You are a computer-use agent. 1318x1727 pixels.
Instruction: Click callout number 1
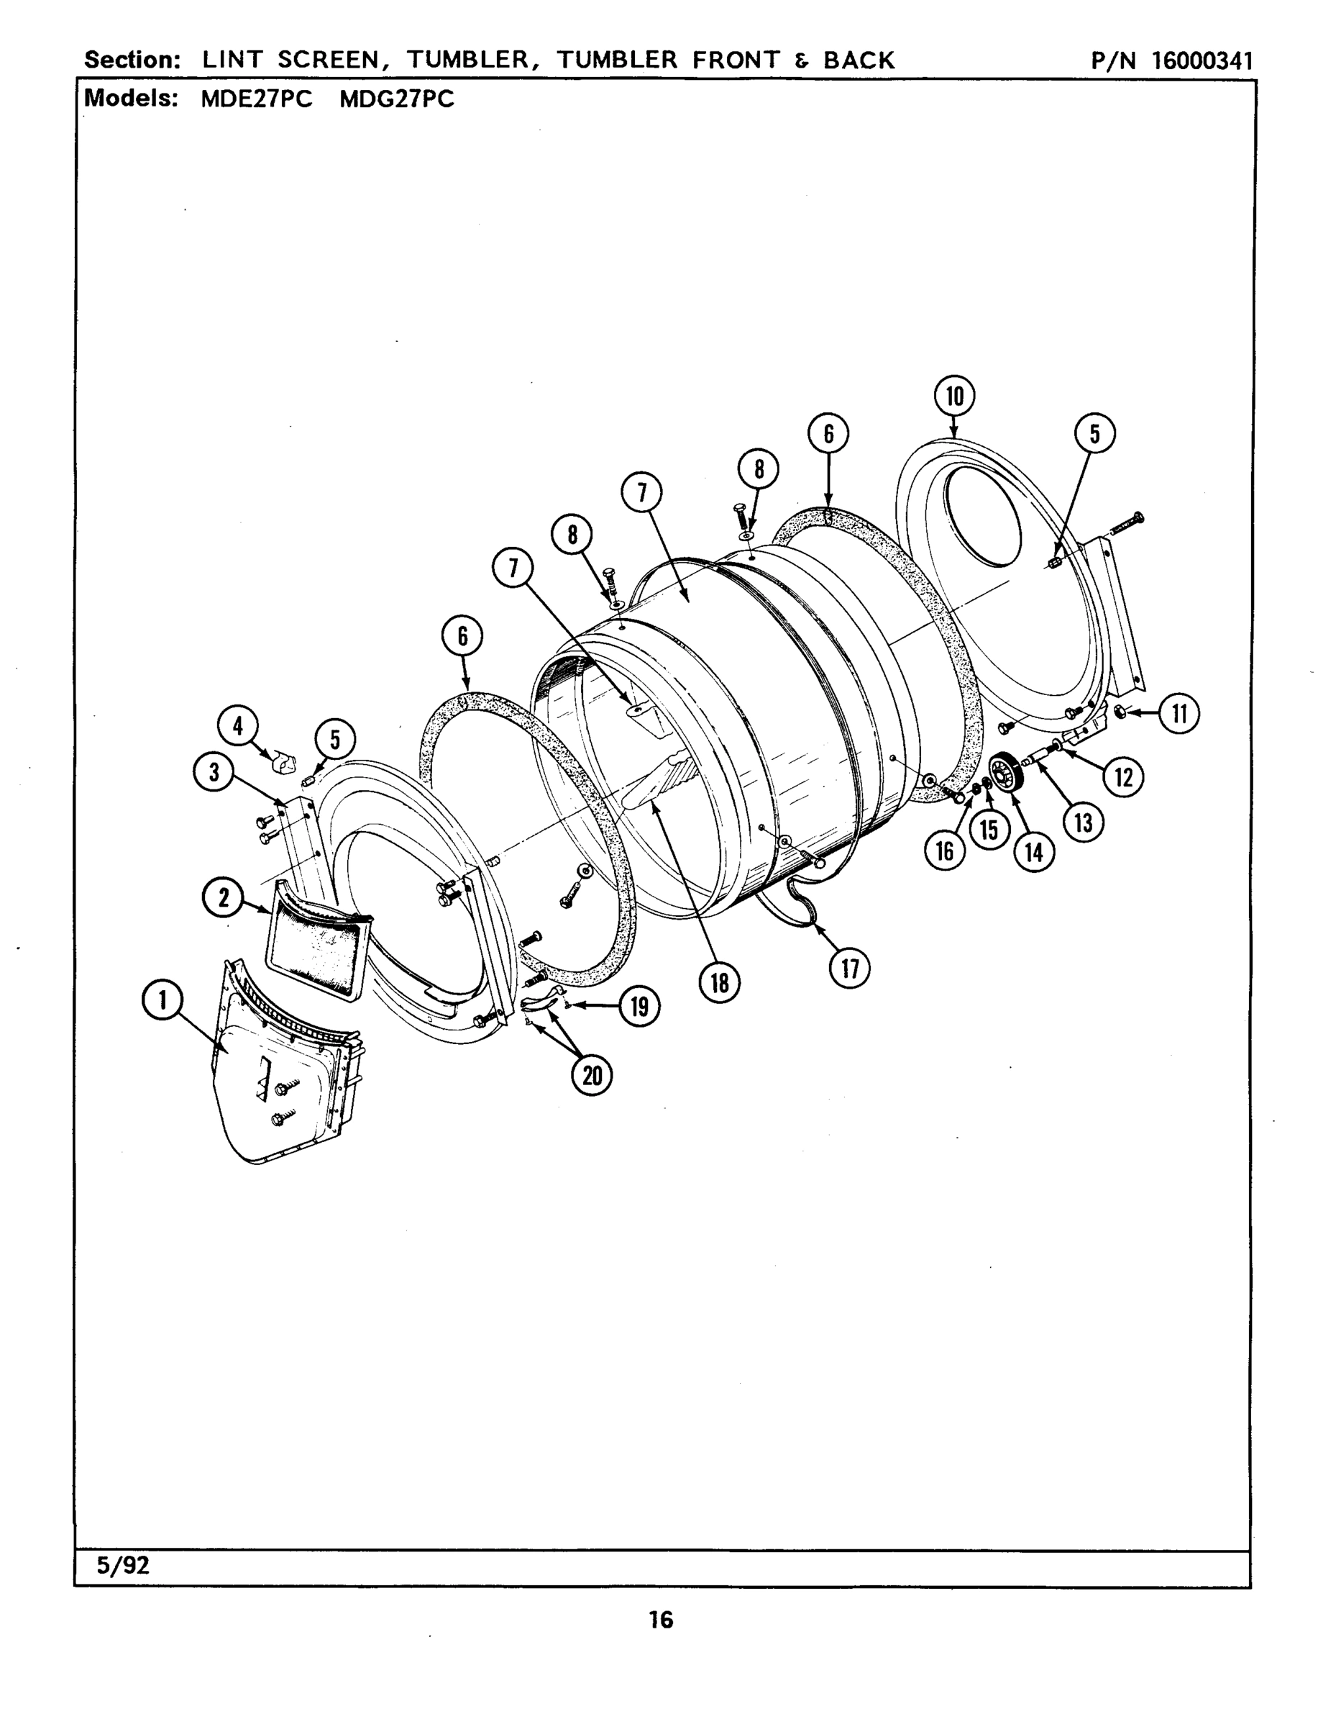click(x=163, y=1000)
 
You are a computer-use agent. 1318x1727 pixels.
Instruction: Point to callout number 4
click(x=238, y=726)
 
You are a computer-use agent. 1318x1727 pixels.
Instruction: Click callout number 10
click(x=955, y=396)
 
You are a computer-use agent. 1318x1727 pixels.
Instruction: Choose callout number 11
click(x=1179, y=714)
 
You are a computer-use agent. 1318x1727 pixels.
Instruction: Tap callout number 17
click(x=850, y=969)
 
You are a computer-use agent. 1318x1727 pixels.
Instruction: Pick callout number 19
click(x=639, y=1007)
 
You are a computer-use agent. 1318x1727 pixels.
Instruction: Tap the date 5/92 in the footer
click(x=122, y=1582)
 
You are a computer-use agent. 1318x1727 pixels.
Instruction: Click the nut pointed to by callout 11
click(x=1121, y=712)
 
